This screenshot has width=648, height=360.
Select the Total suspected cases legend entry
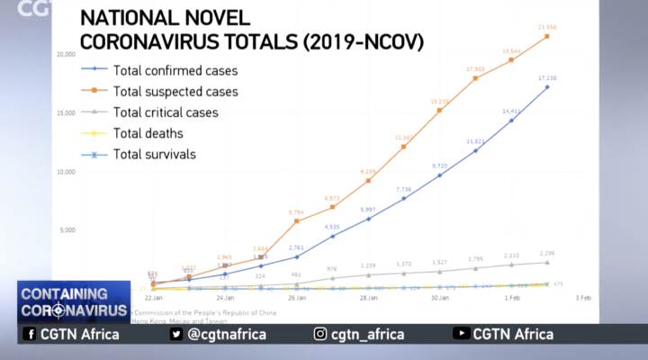pyautogui.click(x=175, y=91)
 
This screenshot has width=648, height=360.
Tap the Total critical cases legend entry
pyautogui.click(x=166, y=112)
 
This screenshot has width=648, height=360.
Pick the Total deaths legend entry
pyautogui.click(x=148, y=133)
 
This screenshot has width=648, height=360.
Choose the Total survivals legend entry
pyautogui.click(x=155, y=154)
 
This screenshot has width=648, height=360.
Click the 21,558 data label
pyautogui.click(x=546, y=28)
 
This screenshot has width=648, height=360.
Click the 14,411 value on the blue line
pyautogui.click(x=511, y=112)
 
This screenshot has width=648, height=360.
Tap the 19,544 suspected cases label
pyautogui.click(x=511, y=51)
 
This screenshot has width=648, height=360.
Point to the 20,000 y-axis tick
pyautogui.click(x=64, y=55)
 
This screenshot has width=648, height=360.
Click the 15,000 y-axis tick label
pyautogui.click(x=64, y=113)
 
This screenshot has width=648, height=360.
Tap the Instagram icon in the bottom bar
pyautogui.click(x=320, y=334)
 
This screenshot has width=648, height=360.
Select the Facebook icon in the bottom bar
pyautogui.click(x=30, y=334)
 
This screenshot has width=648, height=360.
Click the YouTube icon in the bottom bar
pyautogui.click(x=461, y=334)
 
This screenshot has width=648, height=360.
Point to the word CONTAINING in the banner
pyautogui.click(x=63, y=294)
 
